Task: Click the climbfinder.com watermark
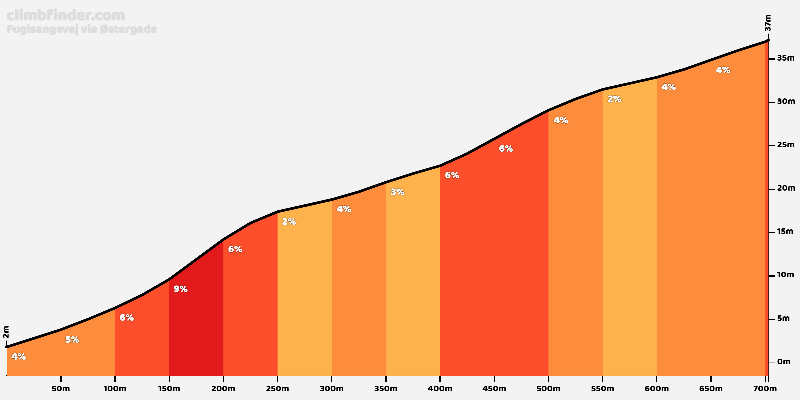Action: tap(66, 15)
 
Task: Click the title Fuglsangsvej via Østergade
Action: tap(82, 29)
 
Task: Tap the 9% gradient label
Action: tap(181, 289)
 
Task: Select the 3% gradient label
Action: tap(397, 192)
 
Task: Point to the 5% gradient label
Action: tap(72, 340)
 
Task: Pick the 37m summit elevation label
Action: tap(768, 23)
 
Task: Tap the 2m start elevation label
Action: tap(6, 332)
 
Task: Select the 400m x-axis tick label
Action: tap(440, 389)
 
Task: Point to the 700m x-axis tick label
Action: tap(765, 389)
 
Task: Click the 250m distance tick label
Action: tap(278, 389)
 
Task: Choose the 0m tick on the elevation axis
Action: tap(772, 362)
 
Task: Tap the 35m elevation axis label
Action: tap(786, 58)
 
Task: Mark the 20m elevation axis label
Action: tap(786, 188)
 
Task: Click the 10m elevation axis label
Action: tap(786, 275)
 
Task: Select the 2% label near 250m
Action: tap(289, 222)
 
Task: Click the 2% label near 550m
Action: tap(614, 99)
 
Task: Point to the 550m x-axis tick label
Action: tap(603, 389)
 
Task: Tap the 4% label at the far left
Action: tap(19, 357)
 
